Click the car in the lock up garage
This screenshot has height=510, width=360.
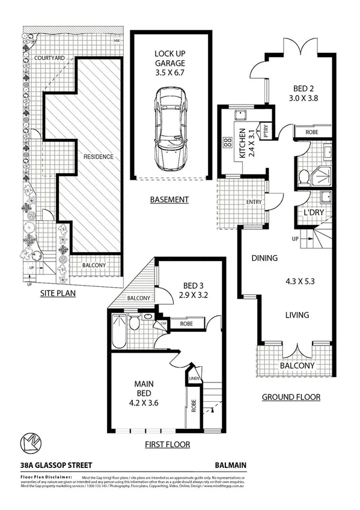click(171, 128)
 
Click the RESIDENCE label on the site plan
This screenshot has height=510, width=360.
click(98, 156)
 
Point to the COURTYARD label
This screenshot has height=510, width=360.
click(50, 58)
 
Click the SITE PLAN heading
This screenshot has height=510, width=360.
click(58, 294)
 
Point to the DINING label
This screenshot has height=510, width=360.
click(264, 259)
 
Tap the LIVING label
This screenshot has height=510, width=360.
click(297, 315)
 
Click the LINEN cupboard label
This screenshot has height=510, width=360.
click(194, 378)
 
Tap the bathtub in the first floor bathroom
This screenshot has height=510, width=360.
click(118, 332)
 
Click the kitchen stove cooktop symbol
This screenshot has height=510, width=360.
click(228, 143)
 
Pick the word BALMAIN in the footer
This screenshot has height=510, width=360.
click(231, 465)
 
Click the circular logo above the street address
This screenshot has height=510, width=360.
click(30, 442)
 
